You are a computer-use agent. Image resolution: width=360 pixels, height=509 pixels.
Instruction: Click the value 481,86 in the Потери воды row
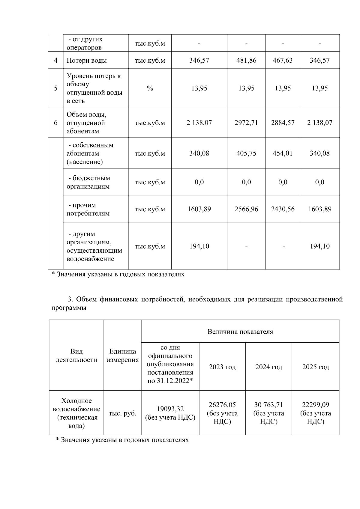tap(246, 60)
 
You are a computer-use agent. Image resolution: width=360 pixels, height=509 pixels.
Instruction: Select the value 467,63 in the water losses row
tap(283, 60)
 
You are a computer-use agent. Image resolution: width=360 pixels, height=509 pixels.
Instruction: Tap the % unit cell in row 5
tap(150, 88)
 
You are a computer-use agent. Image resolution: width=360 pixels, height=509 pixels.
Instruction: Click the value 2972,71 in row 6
tap(246, 123)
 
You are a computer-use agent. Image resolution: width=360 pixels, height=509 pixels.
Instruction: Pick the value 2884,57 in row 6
tap(283, 123)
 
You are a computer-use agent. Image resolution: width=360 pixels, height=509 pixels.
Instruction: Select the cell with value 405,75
tap(246, 153)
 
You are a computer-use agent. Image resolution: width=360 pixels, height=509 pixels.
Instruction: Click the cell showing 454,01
tap(283, 153)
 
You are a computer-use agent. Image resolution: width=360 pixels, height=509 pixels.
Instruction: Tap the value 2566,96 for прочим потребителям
tap(246, 209)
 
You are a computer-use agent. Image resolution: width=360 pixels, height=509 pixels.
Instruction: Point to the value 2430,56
tap(283, 209)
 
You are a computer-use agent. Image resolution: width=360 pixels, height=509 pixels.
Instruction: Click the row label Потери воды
tap(86, 60)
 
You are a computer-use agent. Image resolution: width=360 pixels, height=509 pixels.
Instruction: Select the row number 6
tap(55, 123)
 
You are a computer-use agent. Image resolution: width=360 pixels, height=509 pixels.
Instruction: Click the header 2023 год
tap(222, 367)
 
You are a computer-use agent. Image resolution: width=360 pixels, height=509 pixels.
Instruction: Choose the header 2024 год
tap(268, 367)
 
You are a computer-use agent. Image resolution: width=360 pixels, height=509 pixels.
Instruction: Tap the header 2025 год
tap(315, 367)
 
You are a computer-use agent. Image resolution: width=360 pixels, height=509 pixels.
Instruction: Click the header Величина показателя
tap(240, 332)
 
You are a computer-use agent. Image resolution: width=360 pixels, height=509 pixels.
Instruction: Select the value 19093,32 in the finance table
tap(170, 409)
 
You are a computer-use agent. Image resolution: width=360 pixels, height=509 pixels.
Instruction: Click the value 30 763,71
tap(268, 405)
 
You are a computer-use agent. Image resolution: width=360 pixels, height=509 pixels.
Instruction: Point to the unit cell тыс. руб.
tap(122, 413)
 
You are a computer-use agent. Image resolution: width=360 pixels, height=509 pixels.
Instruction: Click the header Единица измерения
tap(122, 356)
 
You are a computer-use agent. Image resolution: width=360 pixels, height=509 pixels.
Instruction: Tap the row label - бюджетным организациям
tap(88, 182)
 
